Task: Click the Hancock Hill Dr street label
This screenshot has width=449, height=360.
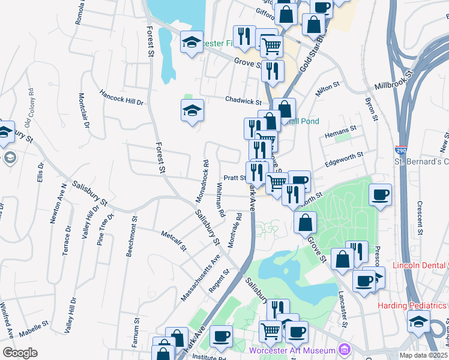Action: [x=122, y=98]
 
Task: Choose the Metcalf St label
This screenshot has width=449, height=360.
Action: [x=174, y=240]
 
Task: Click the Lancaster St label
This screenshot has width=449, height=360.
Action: [x=343, y=308]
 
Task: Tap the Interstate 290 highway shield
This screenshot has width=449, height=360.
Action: [x=400, y=150]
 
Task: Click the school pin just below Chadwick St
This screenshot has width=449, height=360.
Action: [x=192, y=111]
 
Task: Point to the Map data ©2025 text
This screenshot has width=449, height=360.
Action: [x=423, y=355]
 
